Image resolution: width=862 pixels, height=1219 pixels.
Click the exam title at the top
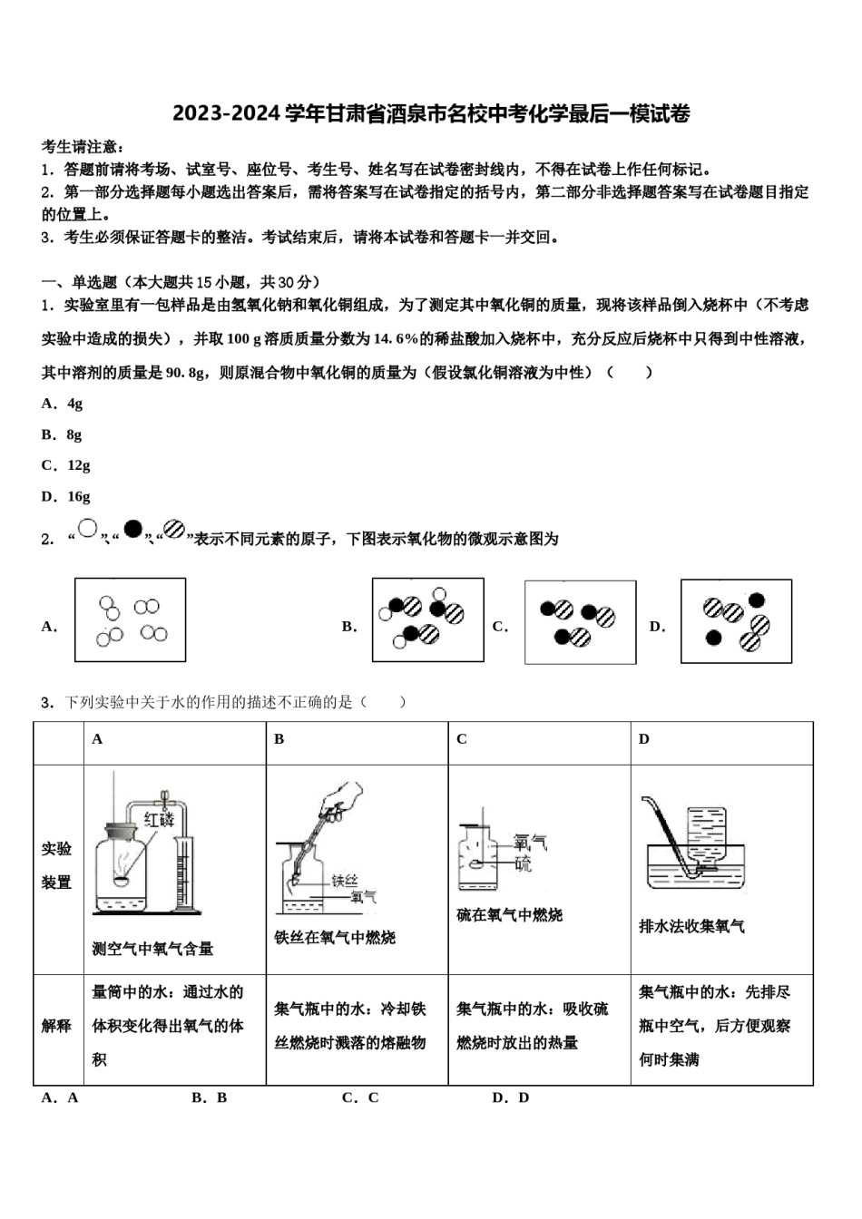(431, 113)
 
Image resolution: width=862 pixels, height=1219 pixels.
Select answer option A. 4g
(62, 405)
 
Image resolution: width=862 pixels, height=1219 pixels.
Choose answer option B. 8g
(62, 435)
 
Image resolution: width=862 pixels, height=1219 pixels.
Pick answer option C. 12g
(65, 466)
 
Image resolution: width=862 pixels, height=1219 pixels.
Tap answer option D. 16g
(65, 497)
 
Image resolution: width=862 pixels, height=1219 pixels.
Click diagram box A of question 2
(130, 620)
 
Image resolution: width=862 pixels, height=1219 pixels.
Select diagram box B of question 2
(427, 620)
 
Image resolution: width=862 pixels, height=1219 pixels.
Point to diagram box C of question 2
(580, 622)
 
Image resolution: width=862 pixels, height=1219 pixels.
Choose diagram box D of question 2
(736, 621)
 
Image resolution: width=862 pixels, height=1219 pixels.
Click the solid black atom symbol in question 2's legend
(133, 529)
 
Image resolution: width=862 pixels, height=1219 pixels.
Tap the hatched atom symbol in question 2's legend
(174, 530)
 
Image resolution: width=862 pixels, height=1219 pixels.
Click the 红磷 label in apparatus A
(158, 820)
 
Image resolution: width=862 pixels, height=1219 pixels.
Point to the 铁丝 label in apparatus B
(345, 880)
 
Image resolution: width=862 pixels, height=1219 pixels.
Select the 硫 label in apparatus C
(524, 863)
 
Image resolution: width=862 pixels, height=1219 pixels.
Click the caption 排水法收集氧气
(692, 926)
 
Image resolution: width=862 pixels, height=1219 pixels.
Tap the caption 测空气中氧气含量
(152, 949)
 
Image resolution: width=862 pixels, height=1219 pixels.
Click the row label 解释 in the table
(56, 1026)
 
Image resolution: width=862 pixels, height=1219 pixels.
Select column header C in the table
(462, 739)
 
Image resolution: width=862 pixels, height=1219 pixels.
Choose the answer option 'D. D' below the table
(510, 1097)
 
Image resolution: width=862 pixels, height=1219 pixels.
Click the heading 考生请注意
(83, 147)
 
